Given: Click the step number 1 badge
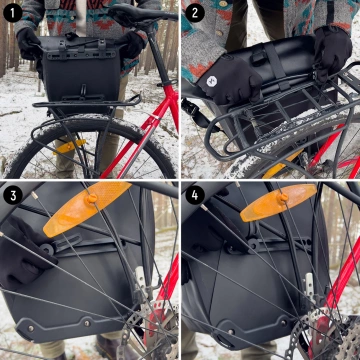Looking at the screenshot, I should tap(12, 12).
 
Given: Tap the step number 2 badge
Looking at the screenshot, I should tap(195, 12).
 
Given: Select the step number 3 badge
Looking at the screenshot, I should tap(12, 195).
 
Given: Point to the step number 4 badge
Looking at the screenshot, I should tap(195, 195).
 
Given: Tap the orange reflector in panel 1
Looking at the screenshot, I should tap(70, 146).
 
